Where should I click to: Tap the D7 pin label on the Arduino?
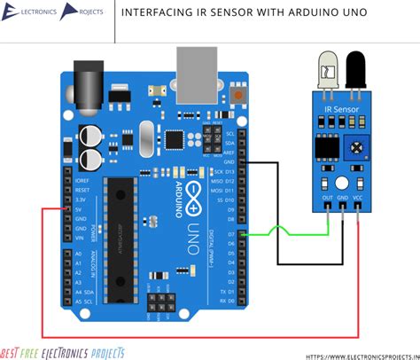(229, 235)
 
